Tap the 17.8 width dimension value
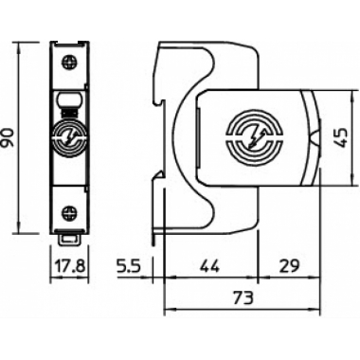pyautogui.click(x=70, y=266)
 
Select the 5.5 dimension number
pyautogui.click(x=128, y=266)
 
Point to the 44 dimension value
pyautogui.click(x=210, y=266)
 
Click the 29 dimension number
pyautogui.click(x=289, y=266)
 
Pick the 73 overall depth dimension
pyautogui.click(x=243, y=297)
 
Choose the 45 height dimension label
pyautogui.click(x=341, y=138)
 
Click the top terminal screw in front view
pyautogui.click(x=70, y=62)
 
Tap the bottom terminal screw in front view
pyautogui.click(x=70, y=212)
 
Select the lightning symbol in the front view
pyautogui.click(x=70, y=137)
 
